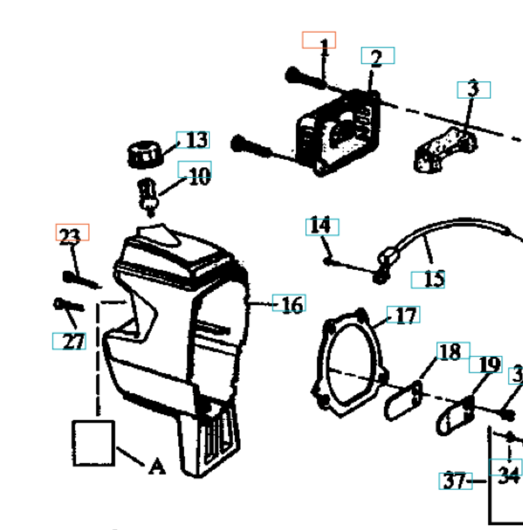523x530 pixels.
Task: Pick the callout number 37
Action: (455, 480)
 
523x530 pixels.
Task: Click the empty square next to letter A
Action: (93, 442)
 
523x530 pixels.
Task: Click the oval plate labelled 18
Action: (403, 401)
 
